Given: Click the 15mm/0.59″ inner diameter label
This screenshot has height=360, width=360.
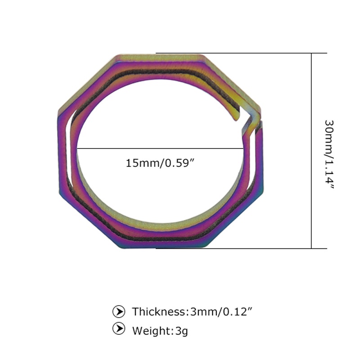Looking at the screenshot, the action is click(160, 163).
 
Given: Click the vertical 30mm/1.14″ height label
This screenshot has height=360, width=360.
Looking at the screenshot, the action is click(329, 154).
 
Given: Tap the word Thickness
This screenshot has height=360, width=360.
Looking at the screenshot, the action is click(159, 311).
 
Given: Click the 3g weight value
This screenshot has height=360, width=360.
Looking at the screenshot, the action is click(182, 331).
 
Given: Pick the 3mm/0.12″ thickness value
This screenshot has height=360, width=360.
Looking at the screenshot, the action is click(221, 311).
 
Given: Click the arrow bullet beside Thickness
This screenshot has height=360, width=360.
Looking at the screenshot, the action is click(119, 311).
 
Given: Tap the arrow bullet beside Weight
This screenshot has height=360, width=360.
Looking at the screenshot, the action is click(119, 328).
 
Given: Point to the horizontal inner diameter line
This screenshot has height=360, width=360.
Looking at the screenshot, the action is click(160, 149).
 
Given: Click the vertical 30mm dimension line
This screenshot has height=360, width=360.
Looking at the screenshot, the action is click(311, 151).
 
